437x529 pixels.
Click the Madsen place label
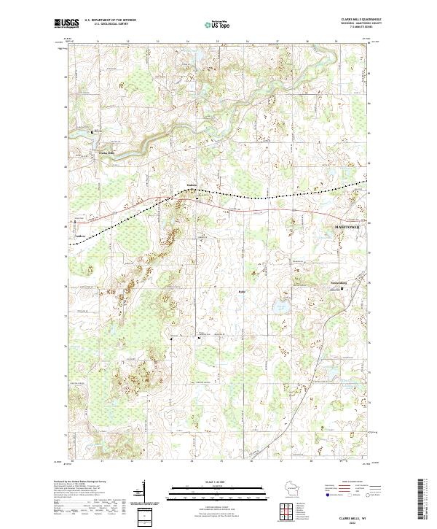pyautogui.click(x=191, y=185)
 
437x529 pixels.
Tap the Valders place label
pyautogui.click(x=80, y=236)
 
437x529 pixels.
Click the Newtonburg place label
pyautogui.click(x=334, y=282)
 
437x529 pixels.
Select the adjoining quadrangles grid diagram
pyautogui.click(x=283, y=509)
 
